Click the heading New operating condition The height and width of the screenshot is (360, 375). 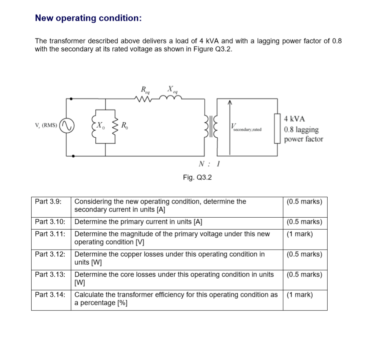[x=88, y=18]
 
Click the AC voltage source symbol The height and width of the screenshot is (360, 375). [x=67, y=125]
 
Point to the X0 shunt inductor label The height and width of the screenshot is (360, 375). [x=100, y=125]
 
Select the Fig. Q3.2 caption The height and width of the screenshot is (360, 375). [x=197, y=177]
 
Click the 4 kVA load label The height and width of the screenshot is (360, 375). [x=295, y=119]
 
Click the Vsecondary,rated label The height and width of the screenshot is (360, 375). [x=246, y=128]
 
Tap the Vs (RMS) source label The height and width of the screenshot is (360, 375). [x=46, y=125]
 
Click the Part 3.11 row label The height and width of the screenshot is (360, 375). [x=50, y=234]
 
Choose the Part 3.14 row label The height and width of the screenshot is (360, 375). [x=50, y=295]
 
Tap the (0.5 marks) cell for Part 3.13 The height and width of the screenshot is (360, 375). [x=304, y=274]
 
